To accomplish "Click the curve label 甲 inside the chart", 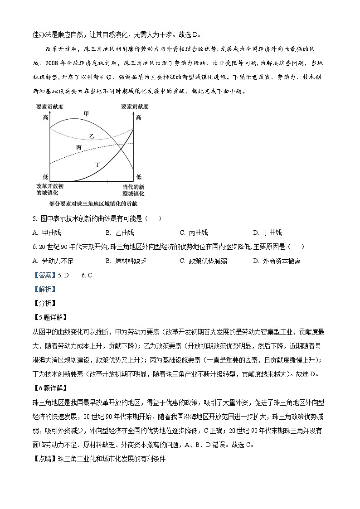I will [x=86, y=113].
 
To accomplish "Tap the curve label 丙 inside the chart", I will [x=79, y=148].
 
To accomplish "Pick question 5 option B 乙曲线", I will [x=120, y=233].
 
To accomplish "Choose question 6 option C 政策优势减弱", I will [x=204, y=261].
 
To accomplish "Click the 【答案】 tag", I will [x=44, y=275].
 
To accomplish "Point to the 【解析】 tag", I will [x=44, y=289].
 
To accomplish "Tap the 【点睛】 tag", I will [x=44, y=458].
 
